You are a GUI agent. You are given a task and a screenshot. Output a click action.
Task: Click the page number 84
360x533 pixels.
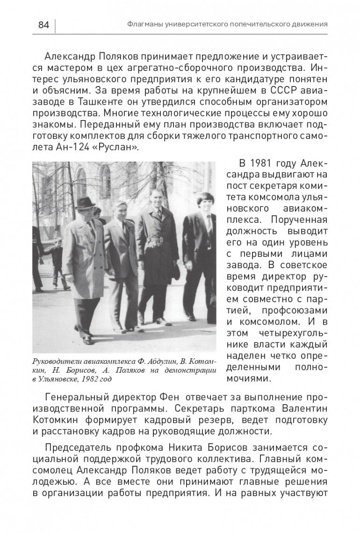coord(43,24)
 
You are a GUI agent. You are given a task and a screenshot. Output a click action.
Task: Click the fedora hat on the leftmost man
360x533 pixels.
coord(85,202)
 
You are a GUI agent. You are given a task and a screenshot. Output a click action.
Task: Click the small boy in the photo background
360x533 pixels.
coord(57,262)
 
